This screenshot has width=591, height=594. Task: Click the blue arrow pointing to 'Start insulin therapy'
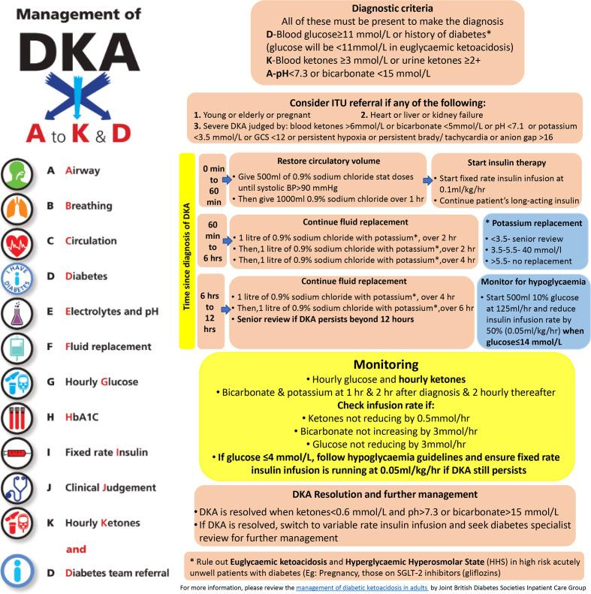(x=427, y=180)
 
